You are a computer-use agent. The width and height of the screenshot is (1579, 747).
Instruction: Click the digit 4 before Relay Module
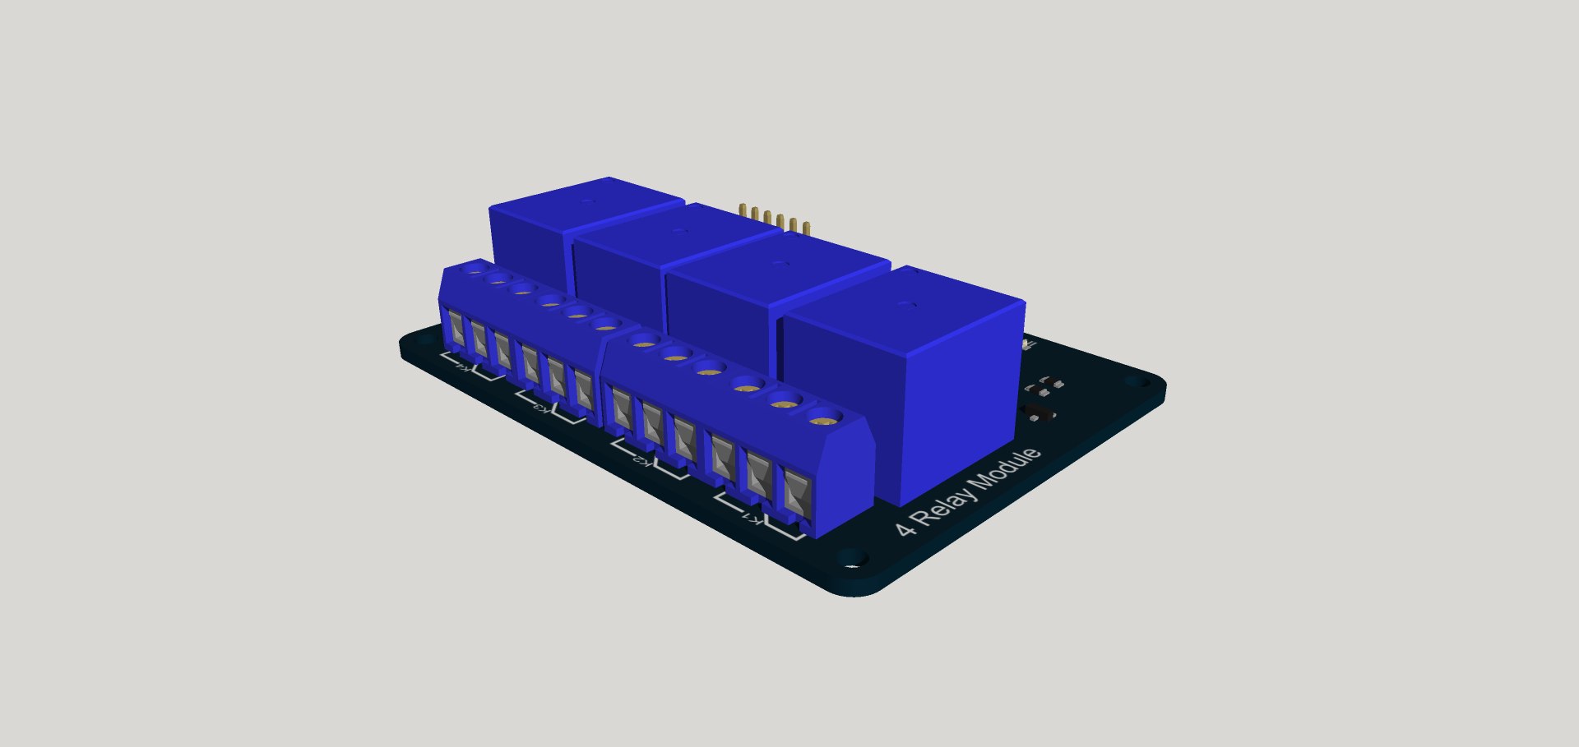[x=905, y=528]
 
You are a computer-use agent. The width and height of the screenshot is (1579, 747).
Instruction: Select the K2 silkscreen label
[x=646, y=461]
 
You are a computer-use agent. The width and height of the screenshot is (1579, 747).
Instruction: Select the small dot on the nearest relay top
[x=906, y=304]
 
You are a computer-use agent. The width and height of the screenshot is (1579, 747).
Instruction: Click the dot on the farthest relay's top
[x=586, y=201]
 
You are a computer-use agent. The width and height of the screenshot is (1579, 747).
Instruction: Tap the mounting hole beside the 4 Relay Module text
[x=853, y=559]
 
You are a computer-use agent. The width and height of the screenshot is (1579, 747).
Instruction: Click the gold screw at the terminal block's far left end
[x=475, y=269]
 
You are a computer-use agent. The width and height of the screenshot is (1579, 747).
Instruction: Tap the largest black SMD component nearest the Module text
[x=1037, y=411]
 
